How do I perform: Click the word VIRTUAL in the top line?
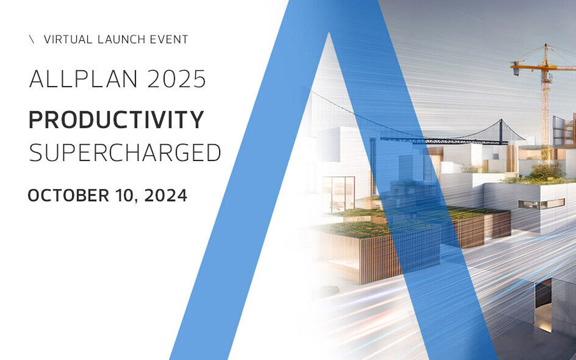[68, 39]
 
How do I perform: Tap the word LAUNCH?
[122, 39]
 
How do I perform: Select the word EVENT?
[169, 39]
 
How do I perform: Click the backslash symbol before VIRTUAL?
[31, 40]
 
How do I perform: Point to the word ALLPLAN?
[83, 79]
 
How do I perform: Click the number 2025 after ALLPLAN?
[176, 79]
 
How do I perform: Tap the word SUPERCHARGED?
[125, 152]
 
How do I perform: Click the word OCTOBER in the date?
[69, 195]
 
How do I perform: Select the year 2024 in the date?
[166, 195]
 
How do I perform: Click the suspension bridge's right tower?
[501, 131]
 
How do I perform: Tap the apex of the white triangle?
[329, 33]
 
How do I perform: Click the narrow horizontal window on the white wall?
[542, 204]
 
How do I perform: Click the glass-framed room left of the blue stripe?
[339, 195]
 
